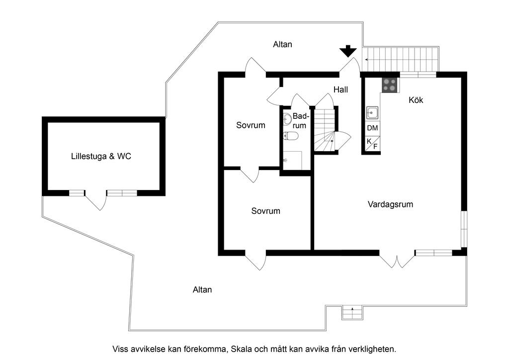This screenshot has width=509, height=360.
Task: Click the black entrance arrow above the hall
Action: pyautogui.click(x=348, y=51)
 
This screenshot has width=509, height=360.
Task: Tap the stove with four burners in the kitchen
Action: pyautogui.click(x=389, y=85)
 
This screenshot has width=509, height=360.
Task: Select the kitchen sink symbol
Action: pyautogui.click(x=372, y=113)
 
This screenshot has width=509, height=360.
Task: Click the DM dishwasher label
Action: pyautogui.click(x=372, y=128)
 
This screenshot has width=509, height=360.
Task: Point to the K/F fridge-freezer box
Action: pyautogui.click(x=372, y=143)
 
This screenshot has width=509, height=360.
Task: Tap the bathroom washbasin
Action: pyautogui.click(x=287, y=119)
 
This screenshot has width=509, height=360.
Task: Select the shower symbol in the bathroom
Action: pyautogui.click(x=292, y=161)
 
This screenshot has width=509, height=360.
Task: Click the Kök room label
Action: pyautogui.click(x=416, y=100)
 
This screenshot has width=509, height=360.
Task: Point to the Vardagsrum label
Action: pyautogui.click(x=390, y=204)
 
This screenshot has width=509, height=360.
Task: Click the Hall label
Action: pyautogui.click(x=340, y=90)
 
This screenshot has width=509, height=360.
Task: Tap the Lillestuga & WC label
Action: pyautogui.click(x=101, y=157)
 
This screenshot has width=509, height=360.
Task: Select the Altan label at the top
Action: pyautogui.click(x=282, y=44)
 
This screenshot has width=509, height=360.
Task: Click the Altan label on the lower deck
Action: pyautogui.click(x=202, y=290)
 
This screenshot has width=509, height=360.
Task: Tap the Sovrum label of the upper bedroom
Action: pyautogui.click(x=251, y=125)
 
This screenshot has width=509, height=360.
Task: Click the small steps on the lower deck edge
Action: pyautogui.click(x=352, y=313)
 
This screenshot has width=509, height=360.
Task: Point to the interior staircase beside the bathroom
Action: pyautogui.click(x=325, y=130)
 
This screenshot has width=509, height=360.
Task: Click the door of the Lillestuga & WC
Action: pyautogui.click(x=96, y=200)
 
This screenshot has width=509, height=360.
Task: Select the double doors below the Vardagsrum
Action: pyautogui.click(x=397, y=261)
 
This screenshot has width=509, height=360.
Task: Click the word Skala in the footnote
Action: pyautogui.click(x=242, y=349)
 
